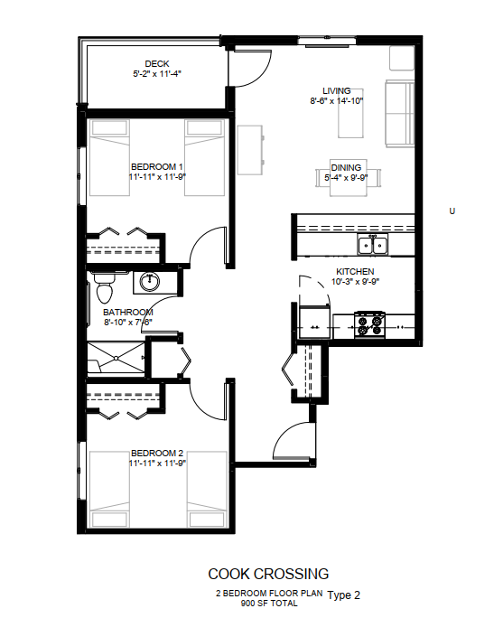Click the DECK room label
(x=157, y=64)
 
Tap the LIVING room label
(x=337, y=91)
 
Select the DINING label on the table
(x=346, y=168)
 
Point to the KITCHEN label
(x=355, y=272)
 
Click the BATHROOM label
(x=128, y=312)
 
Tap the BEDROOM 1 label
(x=157, y=167)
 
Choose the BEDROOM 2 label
(x=157, y=454)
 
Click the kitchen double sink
(x=373, y=244)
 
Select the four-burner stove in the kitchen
(x=369, y=325)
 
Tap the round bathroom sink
(x=150, y=281)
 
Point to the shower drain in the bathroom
(x=117, y=359)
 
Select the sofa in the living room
(x=399, y=114)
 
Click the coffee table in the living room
(x=350, y=114)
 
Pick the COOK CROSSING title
(x=268, y=574)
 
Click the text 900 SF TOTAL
(x=269, y=603)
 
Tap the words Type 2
(x=343, y=595)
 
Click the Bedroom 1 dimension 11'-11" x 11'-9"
(x=157, y=177)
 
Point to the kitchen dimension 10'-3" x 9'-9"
(x=355, y=282)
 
